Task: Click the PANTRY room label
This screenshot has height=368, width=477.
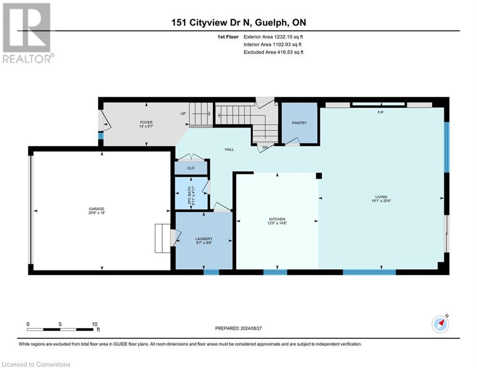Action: [x=299, y=123]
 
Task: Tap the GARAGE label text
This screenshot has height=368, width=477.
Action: [x=96, y=209]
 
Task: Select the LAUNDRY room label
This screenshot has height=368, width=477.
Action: [x=204, y=239]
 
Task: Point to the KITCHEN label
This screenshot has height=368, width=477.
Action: [x=277, y=219]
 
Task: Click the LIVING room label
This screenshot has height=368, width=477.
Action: [x=381, y=197]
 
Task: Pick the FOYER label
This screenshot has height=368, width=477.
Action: [x=146, y=122]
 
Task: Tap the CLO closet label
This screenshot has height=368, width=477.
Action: [x=191, y=168]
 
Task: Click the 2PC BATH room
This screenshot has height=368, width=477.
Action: [x=191, y=193]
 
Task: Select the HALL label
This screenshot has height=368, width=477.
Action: [x=229, y=149]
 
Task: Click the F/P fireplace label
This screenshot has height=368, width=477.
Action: [x=380, y=112]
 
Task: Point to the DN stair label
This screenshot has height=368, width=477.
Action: [x=265, y=147]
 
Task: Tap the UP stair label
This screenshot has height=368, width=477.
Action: [x=183, y=114]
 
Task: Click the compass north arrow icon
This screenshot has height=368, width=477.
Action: [x=441, y=323]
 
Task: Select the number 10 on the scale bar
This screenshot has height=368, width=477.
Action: [x=94, y=324]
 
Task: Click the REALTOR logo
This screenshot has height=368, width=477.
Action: [x=27, y=33]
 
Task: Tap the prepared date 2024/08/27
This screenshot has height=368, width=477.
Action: [x=251, y=328]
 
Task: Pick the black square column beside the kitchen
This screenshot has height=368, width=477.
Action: [x=319, y=176]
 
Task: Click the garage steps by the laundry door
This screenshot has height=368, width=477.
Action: [x=163, y=238]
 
